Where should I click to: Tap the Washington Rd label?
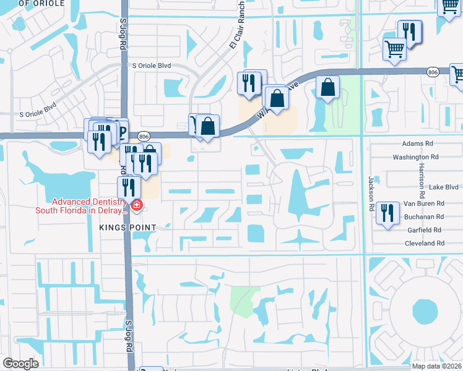424,157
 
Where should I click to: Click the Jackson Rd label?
372,194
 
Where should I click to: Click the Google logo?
20,363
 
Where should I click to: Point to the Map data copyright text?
437,366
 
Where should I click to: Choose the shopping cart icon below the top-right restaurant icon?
394,49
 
